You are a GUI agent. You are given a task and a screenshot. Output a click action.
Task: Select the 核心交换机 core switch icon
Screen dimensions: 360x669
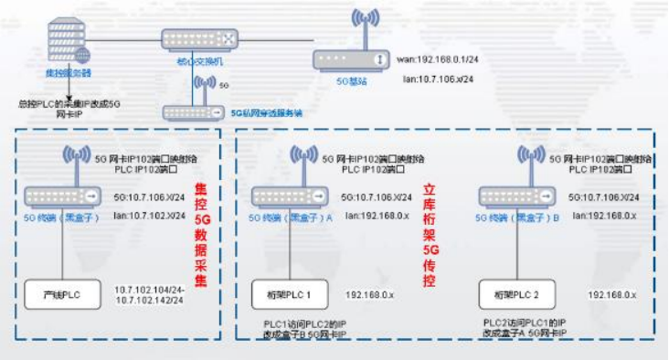coord(199,39)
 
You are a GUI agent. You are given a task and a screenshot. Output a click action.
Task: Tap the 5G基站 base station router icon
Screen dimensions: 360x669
coord(352,59)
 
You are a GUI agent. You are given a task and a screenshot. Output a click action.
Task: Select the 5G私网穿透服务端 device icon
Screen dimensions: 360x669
coord(191,112)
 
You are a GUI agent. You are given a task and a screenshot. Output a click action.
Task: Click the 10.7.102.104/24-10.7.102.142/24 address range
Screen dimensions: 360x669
coord(150,294)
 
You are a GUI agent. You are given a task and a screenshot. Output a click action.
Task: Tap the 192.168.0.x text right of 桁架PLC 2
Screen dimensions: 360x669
coord(611,295)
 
